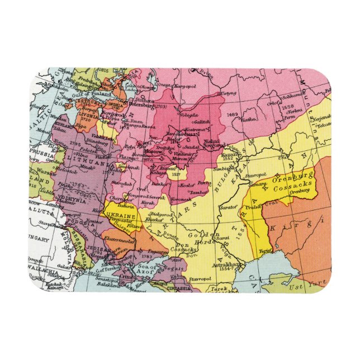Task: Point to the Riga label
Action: pyautogui.click(x=82, y=127)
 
